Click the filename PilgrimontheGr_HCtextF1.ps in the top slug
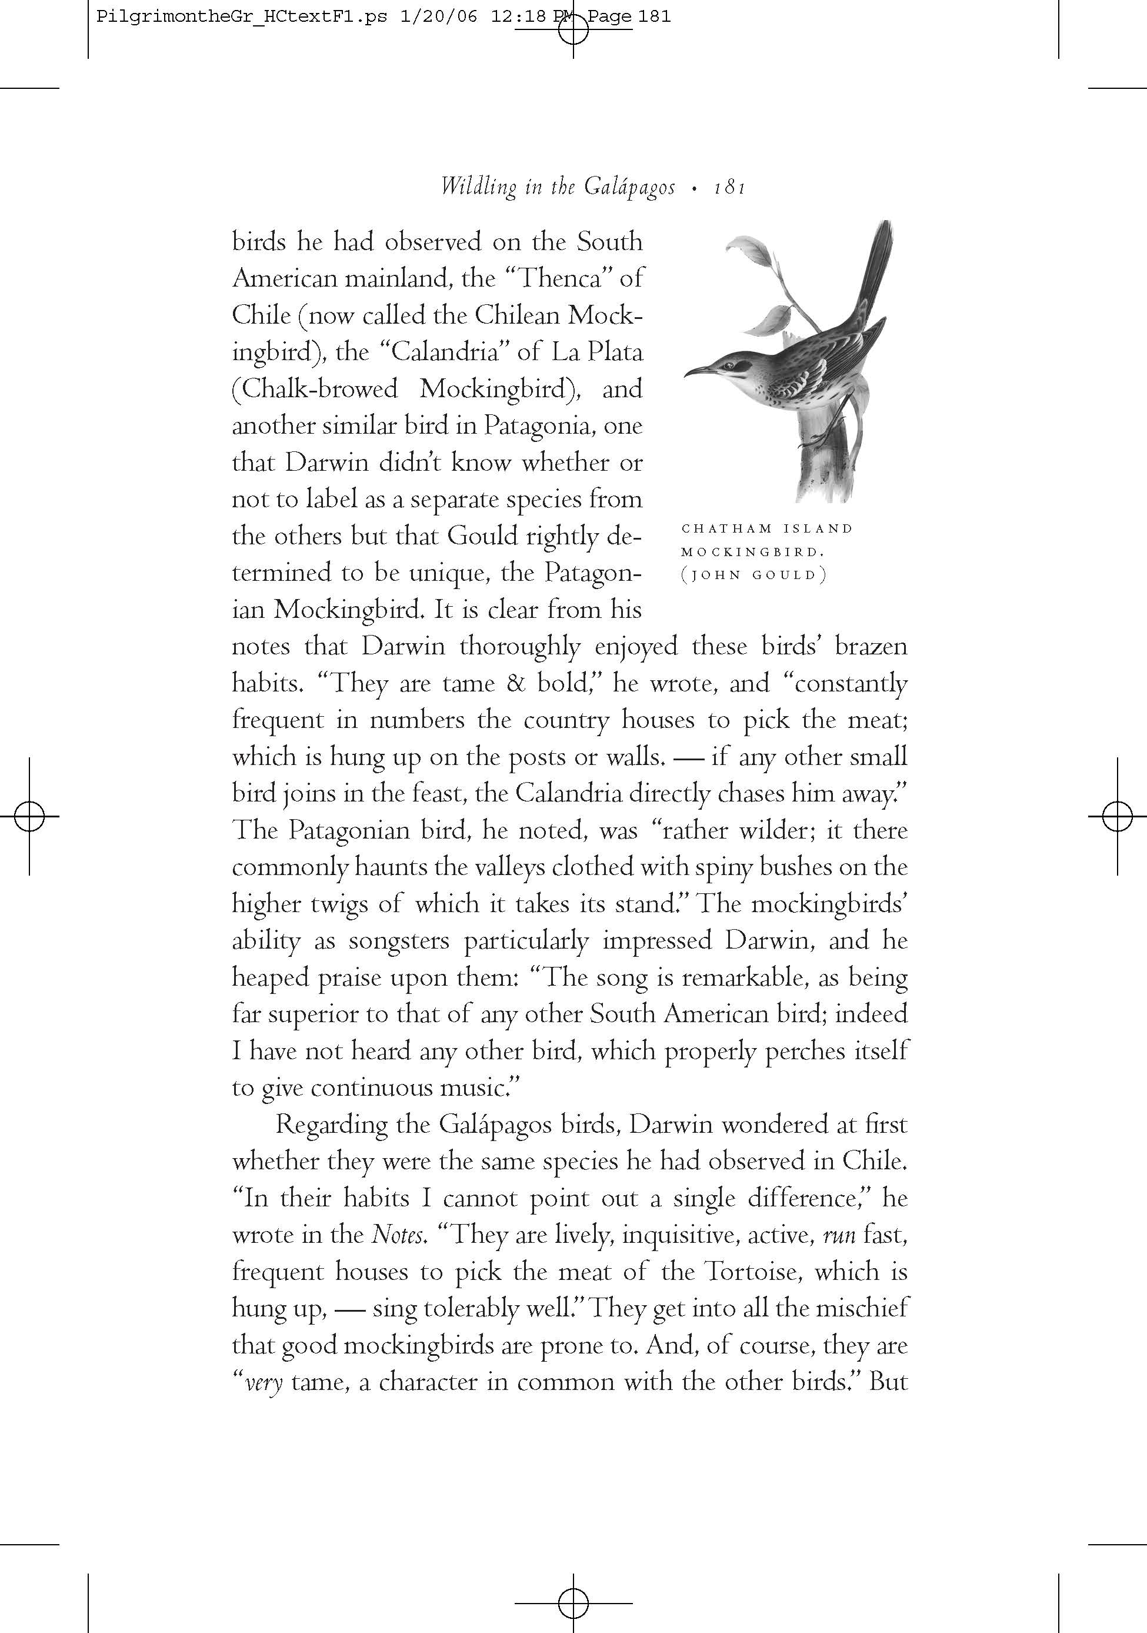[242, 16]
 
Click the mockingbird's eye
[731, 365]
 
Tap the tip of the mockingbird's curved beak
[685, 375]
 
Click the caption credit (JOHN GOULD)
[753, 576]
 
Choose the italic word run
[838, 1235]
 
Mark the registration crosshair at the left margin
[29, 816]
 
